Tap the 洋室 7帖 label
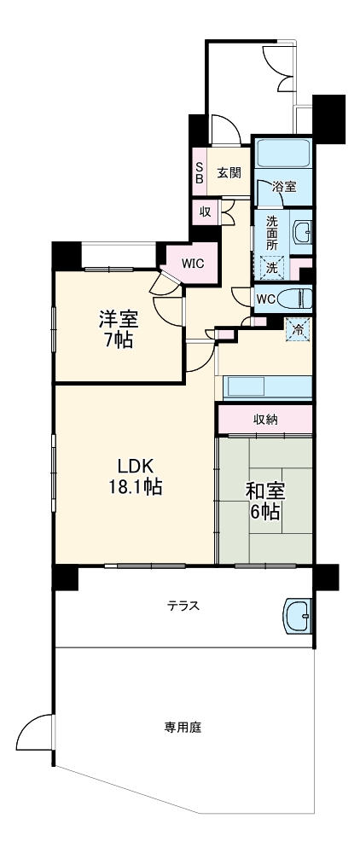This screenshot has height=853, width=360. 119,328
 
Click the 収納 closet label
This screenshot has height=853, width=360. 264,420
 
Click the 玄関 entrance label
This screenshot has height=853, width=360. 229,172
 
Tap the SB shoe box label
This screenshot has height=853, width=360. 200,174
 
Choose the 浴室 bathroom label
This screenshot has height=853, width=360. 284,187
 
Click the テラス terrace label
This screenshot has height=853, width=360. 183,606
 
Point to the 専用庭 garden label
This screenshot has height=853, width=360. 183,728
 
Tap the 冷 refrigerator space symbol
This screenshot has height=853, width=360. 298,328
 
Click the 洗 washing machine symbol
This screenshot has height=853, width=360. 271,267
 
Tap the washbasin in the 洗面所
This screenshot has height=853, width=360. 302,231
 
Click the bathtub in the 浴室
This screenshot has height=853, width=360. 284,153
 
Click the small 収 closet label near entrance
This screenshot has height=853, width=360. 206,212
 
